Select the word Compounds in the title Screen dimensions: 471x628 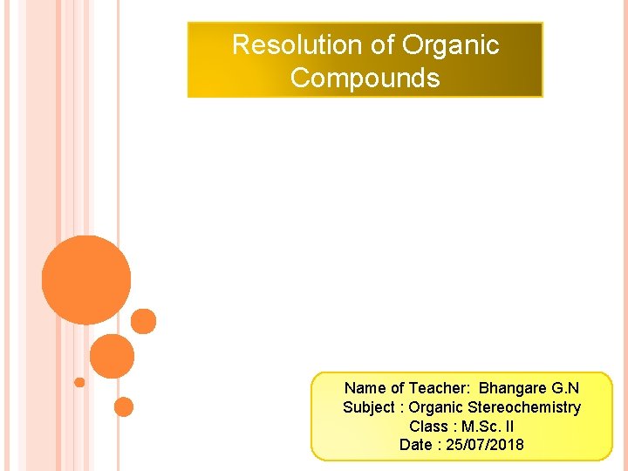coord(365,78)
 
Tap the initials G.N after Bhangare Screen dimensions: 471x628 coord(565,388)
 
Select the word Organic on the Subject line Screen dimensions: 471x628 coord(436,407)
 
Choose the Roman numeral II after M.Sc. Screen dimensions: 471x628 coord(509,427)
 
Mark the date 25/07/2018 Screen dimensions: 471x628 coord(485,446)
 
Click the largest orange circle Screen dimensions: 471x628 coord(86,280)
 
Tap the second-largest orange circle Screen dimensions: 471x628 coord(113,356)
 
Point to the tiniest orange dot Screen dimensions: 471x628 coord(79,382)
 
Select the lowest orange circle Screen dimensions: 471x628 coord(124,406)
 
